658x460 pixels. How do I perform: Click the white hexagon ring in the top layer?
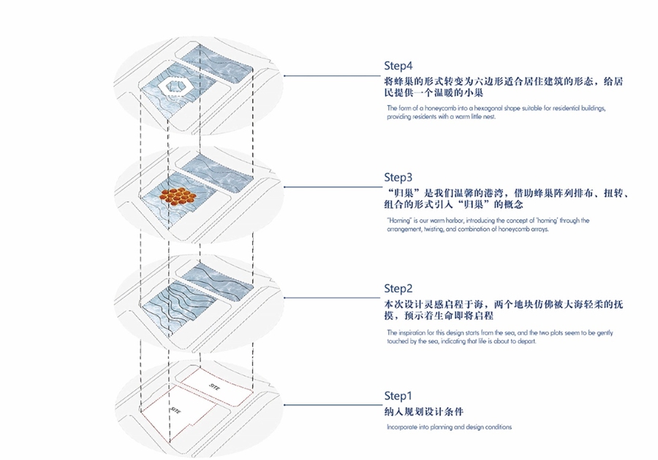point(175,86)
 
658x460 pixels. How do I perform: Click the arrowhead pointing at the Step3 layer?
point(284,186)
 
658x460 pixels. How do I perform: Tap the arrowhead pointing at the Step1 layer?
point(284,406)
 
